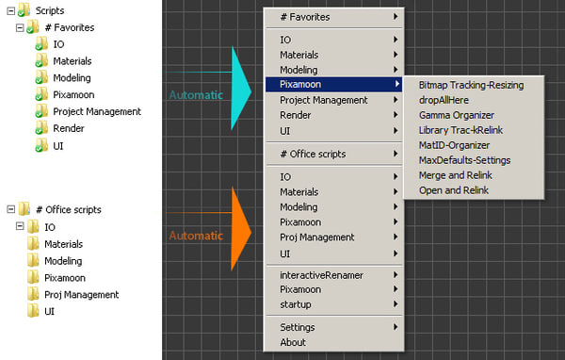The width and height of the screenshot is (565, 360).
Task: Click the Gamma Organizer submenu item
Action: coord(456,115)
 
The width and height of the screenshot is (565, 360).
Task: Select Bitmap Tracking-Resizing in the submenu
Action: coord(471,85)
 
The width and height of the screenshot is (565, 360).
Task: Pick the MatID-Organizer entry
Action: coord(455,145)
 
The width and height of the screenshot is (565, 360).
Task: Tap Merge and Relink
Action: coord(455,175)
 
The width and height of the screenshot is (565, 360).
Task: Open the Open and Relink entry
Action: coord(453,190)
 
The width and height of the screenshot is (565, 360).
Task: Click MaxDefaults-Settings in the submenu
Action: coord(465,160)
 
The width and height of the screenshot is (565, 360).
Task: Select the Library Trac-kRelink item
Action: coord(460,130)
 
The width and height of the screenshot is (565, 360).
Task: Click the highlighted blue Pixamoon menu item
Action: coord(300,85)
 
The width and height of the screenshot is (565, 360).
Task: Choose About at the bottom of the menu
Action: coord(293,342)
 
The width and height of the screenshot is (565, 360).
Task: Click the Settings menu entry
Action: coord(298,327)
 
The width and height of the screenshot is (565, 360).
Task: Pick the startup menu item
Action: coord(296,304)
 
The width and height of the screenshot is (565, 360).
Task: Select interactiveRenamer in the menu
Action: coord(321,274)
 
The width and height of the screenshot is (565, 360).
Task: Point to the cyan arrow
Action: coord(239,84)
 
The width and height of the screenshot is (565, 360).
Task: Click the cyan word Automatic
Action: coord(196,94)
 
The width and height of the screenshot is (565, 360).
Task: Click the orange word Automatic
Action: coord(196,236)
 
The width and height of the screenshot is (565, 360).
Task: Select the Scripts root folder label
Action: coord(50,10)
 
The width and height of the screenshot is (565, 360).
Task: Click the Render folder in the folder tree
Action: coord(69,129)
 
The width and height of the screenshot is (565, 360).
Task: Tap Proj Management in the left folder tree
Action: coord(81,294)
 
